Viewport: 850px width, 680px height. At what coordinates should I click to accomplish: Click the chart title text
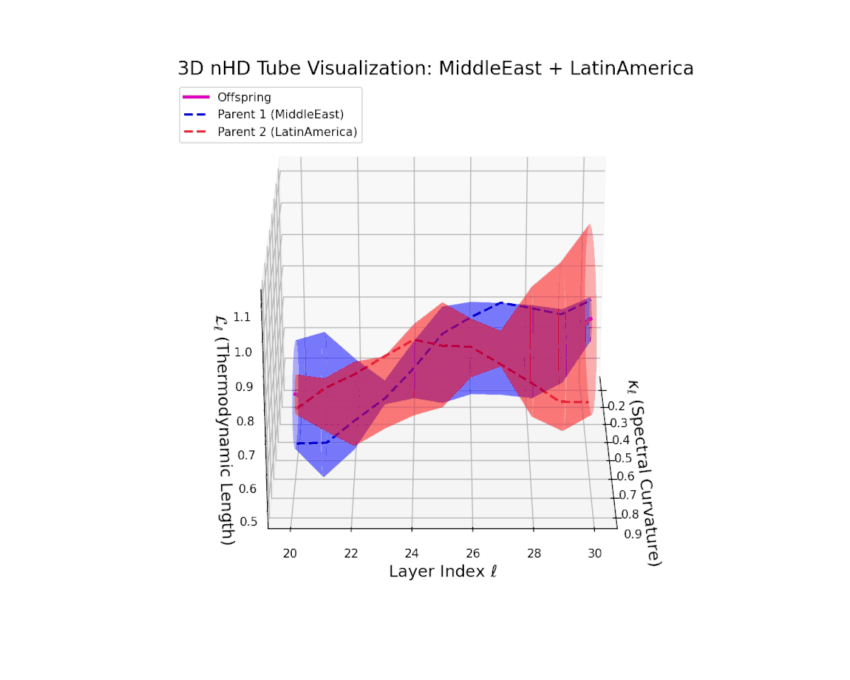click(435, 69)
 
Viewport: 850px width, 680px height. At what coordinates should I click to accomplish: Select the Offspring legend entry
click(244, 97)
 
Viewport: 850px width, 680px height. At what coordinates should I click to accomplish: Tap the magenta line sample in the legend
click(196, 97)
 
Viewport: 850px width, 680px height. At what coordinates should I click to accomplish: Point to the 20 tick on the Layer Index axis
click(290, 552)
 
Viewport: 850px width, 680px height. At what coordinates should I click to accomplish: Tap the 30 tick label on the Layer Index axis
click(596, 552)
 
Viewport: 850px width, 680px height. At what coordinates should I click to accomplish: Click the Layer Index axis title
click(443, 571)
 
